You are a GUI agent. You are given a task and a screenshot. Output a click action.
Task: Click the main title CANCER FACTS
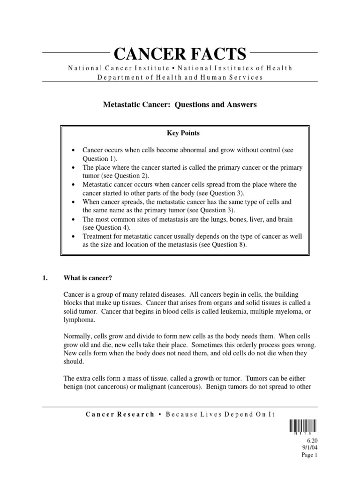(180, 54)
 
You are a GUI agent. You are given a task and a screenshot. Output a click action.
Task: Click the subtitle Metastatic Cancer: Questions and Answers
(180, 105)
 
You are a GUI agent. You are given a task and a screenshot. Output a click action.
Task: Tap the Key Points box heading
(183, 133)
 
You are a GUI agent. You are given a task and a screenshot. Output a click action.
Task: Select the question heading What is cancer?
(88, 278)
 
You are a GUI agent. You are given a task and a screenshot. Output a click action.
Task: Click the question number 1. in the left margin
(45, 278)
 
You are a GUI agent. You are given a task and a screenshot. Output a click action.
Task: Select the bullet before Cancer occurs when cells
(73, 150)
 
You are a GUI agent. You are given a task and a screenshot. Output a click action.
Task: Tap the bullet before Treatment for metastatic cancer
(73, 236)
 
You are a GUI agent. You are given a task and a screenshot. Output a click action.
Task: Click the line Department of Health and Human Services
(180, 77)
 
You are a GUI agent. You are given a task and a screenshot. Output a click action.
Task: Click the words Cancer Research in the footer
(120, 414)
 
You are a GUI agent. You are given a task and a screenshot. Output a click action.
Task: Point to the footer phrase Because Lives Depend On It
(211, 414)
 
